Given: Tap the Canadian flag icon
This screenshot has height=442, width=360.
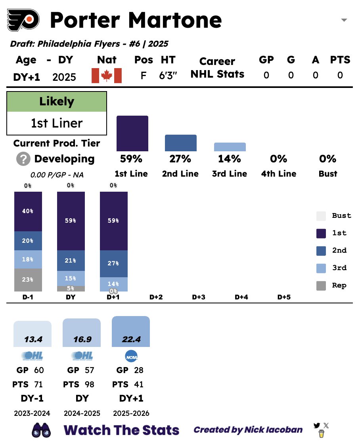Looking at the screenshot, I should pos(106,76).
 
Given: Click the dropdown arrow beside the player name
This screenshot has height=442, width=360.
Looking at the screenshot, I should pos(344,20).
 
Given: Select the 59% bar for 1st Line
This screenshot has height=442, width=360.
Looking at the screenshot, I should pos(132,133).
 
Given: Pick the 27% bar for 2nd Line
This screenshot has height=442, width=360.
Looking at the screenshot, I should pos(180,143).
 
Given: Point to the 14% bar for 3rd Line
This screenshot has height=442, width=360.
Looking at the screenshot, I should pos(230,147).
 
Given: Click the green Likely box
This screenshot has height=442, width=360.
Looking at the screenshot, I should pos(57,102).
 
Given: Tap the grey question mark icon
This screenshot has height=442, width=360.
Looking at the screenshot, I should pos(23,159).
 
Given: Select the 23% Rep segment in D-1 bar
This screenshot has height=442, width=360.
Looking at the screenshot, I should pos(28,280).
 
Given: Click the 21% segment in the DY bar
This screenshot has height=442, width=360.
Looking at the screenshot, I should pos(71,261).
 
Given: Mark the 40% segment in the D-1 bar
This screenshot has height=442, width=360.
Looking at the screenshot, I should pos(28,211).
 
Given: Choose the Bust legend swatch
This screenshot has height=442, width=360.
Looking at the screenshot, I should pos(321,216).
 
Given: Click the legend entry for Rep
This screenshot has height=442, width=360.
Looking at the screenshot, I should pos(321,286).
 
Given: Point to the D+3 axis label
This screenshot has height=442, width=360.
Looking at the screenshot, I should pos(198,297).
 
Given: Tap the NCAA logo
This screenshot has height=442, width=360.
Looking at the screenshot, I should pos(131,356).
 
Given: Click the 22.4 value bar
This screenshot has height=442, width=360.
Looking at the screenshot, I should pos(131,332).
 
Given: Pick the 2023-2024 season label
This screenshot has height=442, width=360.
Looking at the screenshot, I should pos(32,413).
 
